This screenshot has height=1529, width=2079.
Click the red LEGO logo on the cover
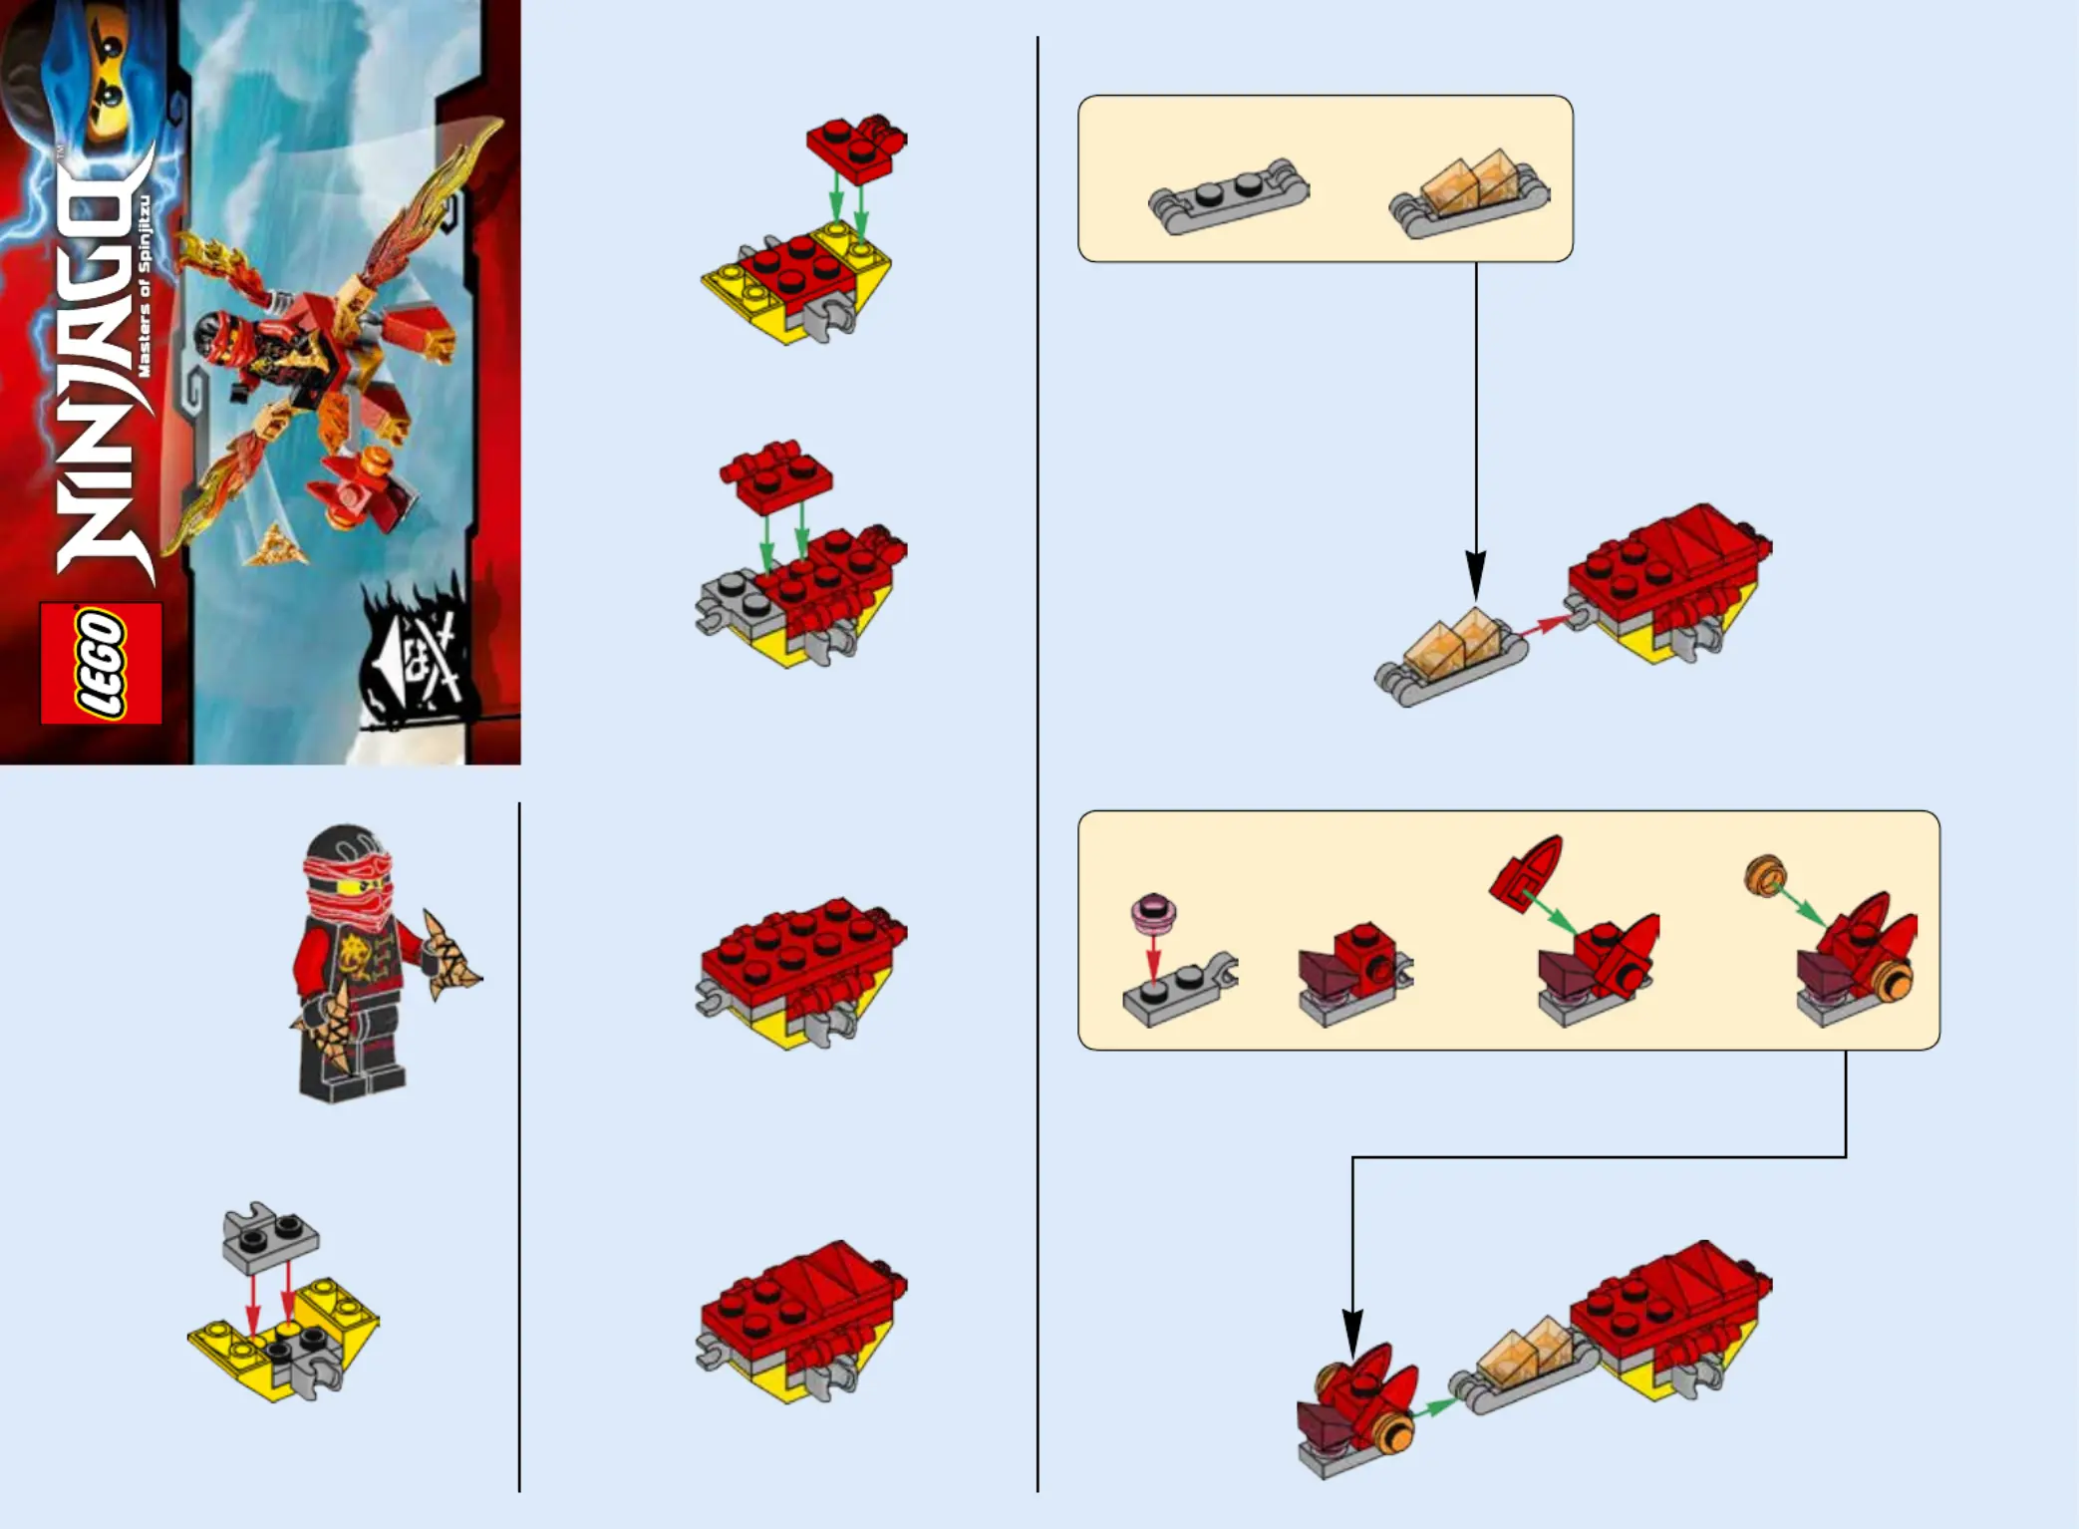coord(101,663)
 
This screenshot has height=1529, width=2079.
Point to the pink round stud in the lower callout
coord(1153,910)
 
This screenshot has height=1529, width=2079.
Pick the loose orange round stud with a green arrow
coord(1765,875)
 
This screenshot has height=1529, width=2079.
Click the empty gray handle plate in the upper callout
coord(1228,196)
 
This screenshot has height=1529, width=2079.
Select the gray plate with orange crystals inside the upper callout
coord(1469,194)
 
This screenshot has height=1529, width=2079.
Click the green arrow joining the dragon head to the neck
coord(1433,1406)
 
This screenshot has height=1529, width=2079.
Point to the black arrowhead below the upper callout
coord(1476,575)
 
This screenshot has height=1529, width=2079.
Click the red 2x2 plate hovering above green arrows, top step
coord(856,149)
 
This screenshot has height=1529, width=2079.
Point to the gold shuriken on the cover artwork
coord(274,545)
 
